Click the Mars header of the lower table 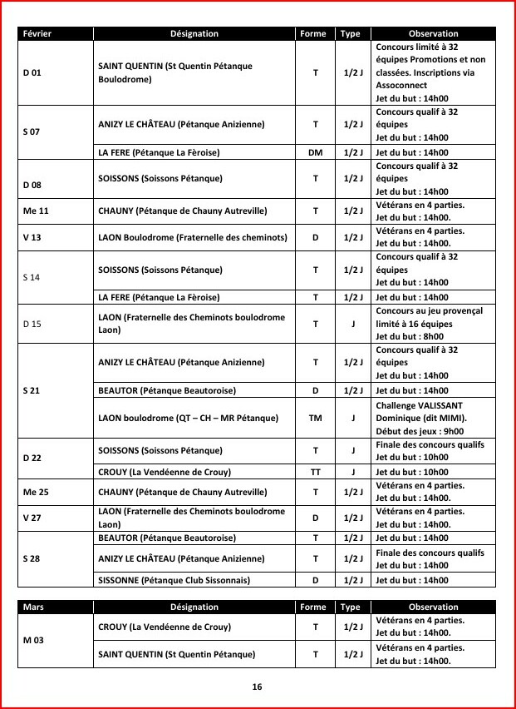coord(34,607)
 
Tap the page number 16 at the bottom coord(257,687)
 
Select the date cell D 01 coord(32,72)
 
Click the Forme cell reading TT coord(315,471)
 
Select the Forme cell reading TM coord(315,418)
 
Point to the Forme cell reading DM coord(315,152)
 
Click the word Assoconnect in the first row coord(401,86)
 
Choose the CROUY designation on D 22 coord(154,471)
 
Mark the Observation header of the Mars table coord(433,607)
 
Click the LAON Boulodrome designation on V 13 coord(192,237)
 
